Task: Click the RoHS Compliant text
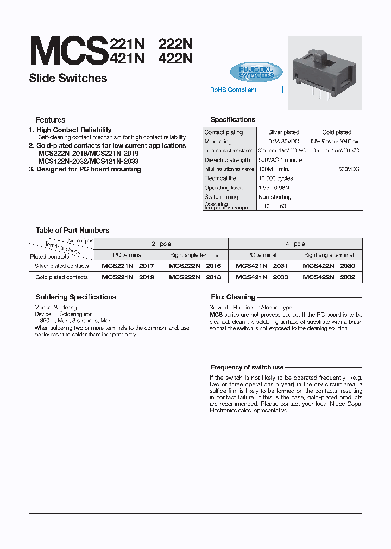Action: [x=233, y=90]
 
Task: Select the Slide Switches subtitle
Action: [x=68, y=78]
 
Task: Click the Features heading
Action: [x=51, y=120]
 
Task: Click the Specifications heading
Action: [x=232, y=120]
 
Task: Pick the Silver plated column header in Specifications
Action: [x=283, y=132]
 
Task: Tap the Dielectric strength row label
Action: [x=227, y=160]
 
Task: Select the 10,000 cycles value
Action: [x=275, y=178]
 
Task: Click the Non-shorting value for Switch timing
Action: [x=275, y=197]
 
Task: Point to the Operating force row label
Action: [x=224, y=188]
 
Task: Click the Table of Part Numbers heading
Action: [x=72, y=231]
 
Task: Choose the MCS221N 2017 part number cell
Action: [x=128, y=266]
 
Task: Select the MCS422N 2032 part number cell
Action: [x=329, y=277]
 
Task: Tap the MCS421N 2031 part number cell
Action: [x=262, y=266]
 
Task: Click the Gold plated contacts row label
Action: [x=61, y=277]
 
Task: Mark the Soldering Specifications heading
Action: [x=76, y=297]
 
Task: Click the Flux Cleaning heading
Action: [x=233, y=297]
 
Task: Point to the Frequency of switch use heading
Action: [x=247, y=367]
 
